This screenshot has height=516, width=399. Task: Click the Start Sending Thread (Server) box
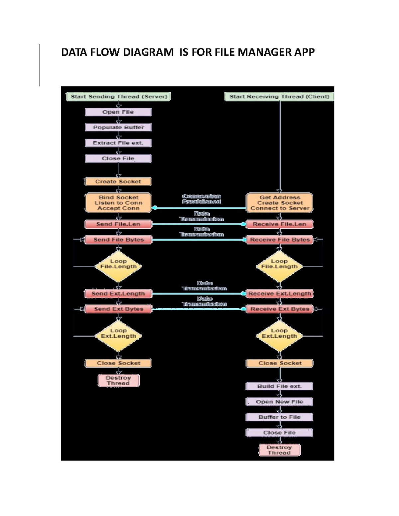pos(119,97)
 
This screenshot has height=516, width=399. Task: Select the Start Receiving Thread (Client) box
pos(279,97)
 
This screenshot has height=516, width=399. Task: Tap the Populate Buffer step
pos(118,127)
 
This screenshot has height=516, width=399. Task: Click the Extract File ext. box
pos(118,143)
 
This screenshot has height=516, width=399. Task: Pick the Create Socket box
pos(118,181)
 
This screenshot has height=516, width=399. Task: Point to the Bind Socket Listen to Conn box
pos(118,203)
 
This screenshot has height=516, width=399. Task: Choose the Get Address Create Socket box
pos(280,203)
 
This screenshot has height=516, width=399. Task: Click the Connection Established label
pos(201,199)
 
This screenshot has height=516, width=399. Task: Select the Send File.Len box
pos(118,224)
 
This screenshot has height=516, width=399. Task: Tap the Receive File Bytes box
pos(280,240)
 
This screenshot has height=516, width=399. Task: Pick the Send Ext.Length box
pos(118,294)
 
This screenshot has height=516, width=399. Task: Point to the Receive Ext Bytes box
pos(280,309)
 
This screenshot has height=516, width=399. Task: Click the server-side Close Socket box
pos(118,363)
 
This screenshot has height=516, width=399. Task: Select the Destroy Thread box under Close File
pos(279,450)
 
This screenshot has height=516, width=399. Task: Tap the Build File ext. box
pos(279,386)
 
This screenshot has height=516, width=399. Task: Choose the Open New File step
pos(279,402)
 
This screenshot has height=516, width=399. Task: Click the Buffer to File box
pos(279,417)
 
